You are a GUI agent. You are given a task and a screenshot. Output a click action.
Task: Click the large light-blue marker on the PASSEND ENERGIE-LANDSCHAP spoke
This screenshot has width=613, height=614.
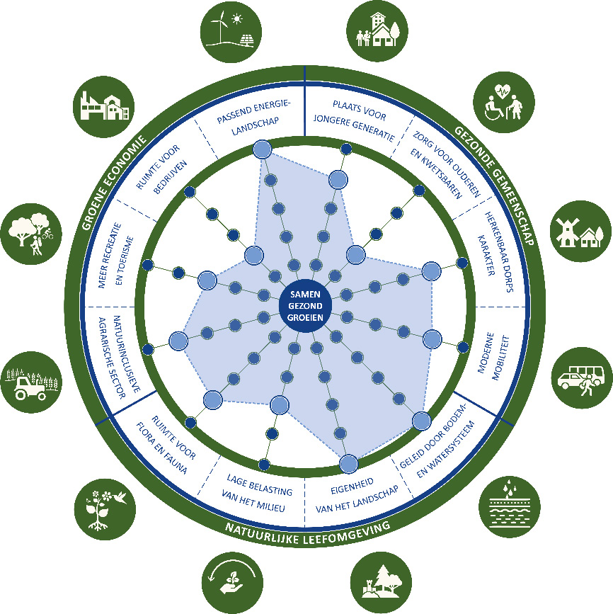(262, 149)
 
